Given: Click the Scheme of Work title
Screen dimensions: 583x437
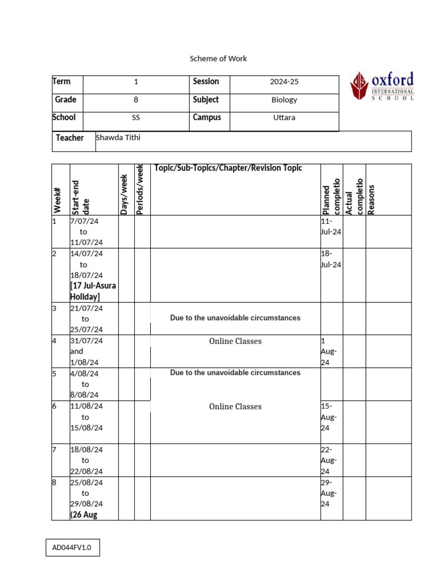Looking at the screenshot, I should (218, 59).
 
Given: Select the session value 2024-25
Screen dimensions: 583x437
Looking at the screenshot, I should (284, 82).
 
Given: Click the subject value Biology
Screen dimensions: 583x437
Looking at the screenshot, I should (284, 100).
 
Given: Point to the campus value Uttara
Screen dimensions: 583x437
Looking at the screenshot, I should (284, 118).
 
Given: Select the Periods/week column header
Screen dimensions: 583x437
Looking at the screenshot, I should (141, 190).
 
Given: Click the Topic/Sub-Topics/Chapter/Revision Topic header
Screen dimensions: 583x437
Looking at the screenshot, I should (228, 168).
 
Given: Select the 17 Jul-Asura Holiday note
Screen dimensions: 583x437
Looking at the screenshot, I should (93, 291).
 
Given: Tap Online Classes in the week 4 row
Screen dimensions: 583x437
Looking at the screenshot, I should (235, 342).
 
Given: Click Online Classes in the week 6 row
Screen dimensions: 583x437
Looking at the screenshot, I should (235, 407).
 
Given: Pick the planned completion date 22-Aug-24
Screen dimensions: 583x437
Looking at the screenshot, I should (329, 460).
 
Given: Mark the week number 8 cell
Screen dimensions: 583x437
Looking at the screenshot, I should (55, 482).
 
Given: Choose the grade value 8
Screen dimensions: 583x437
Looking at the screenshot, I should (135, 100).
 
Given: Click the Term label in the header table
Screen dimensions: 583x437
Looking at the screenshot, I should (61, 82).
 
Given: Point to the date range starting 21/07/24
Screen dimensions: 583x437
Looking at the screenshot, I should (86, 319).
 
